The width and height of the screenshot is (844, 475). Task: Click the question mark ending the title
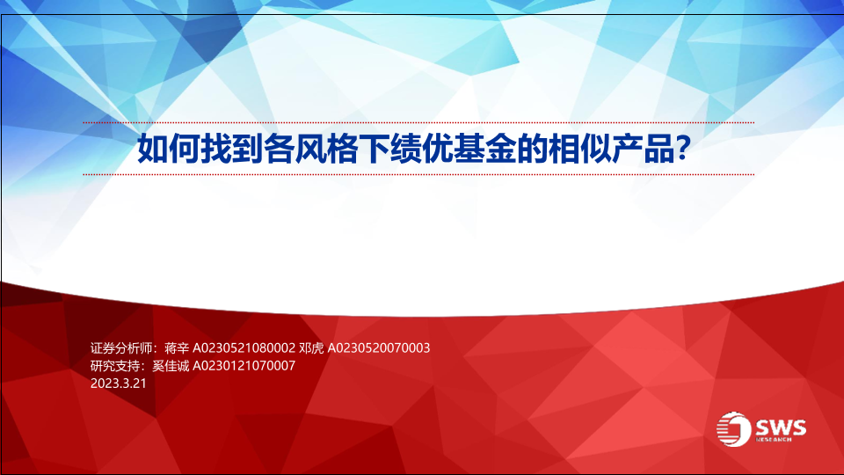pos(683,149)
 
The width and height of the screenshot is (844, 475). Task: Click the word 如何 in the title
pos(169,149)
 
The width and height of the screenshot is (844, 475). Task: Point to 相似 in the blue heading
pos(579,149)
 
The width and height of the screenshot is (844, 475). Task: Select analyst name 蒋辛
pos(177,348)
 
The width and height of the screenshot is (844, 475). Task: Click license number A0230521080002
pos(244,348)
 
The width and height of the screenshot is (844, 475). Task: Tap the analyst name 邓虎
pos(311,348)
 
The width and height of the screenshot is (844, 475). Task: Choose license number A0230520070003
pos(379,348)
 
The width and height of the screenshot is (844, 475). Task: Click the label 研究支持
pos(115,366)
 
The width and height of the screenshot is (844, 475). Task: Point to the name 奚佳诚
pos(171,366)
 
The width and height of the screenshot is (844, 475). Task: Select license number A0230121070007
pos(244,366)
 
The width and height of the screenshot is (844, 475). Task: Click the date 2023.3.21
pos(119,384)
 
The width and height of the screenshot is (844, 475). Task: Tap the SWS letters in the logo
pos(781,427)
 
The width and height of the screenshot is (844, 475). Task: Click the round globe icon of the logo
pos(733,429)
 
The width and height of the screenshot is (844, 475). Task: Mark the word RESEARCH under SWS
pos(774,440)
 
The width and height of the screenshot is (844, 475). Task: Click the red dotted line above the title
pos(418,123)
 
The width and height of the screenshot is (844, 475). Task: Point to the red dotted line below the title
pos(418,174)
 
